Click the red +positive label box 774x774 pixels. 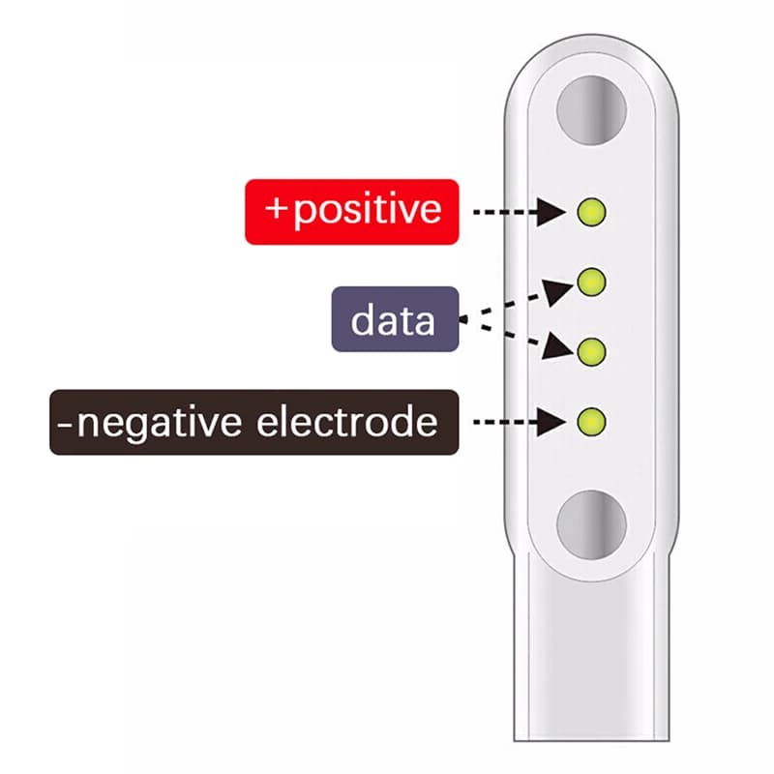click(351, 210)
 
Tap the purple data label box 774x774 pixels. click(395, 319)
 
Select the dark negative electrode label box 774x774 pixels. click(253, 422)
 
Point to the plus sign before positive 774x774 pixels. click(277, 209)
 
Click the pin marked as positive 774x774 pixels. click(591, 210)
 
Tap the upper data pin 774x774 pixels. click(591, 282)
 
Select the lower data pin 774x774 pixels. click(591, 351)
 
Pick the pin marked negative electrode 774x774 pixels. click(591, 421)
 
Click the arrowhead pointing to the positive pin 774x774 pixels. click(551, 211)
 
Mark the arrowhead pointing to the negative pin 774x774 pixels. click(551, 422)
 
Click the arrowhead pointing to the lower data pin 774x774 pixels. click(556, 347)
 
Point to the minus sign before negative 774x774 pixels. click(64, 422)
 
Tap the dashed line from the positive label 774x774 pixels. click(503, 211)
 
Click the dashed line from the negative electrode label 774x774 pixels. click(503, 422)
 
